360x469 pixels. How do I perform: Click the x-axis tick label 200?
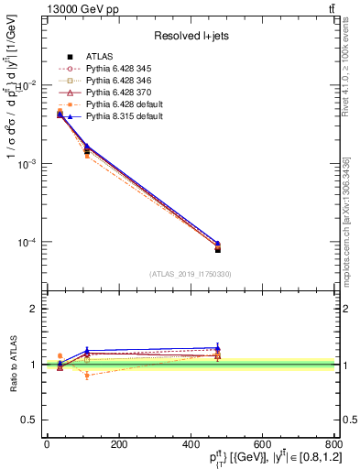(x=118, y=443)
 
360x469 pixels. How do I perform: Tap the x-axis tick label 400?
(x=190, y=443)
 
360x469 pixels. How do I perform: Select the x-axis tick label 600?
(x=262, y=443)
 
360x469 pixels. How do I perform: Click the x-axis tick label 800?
(x=333, y=443)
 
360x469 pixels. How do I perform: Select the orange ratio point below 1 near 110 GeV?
(x=87, y=376)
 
